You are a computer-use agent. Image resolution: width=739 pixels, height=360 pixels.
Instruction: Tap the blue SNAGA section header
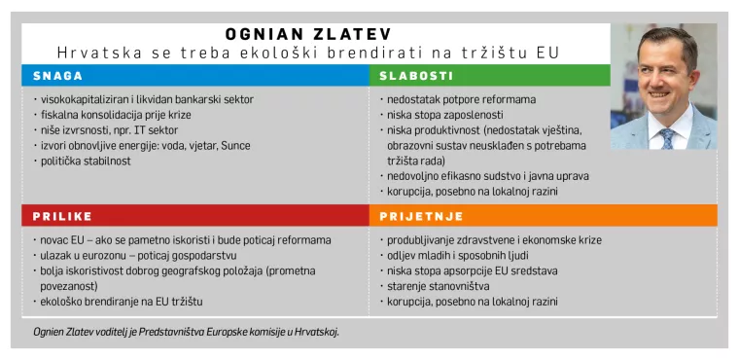(x=58, y=75)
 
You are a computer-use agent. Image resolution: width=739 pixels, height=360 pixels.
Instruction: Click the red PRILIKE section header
(x=63, y=215)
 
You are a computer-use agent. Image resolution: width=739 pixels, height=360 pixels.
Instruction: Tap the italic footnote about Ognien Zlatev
(x=185, y=332)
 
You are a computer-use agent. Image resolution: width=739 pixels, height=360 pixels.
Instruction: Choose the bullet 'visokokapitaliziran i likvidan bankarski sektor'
(x=146, y=99)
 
